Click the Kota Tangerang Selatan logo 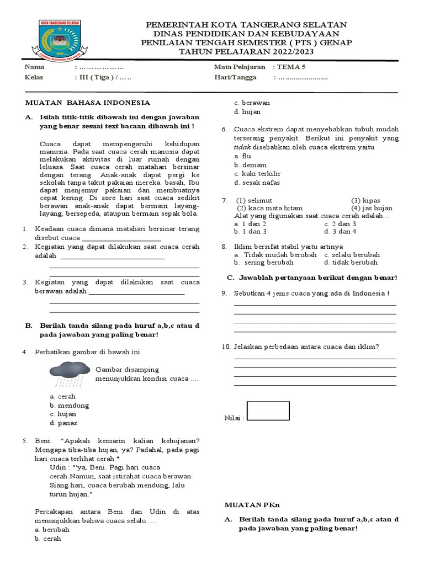pos(59,39)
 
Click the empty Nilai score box pos(268,411)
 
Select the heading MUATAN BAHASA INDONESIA pos(88,103)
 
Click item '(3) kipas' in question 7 pos(365,200)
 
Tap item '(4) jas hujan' pos(372,208)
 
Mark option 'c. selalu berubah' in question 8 pos(352,255)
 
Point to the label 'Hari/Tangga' pos(235,78)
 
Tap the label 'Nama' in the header pos(34,67)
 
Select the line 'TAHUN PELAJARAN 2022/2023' pos(246,52)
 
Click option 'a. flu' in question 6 pos(242,156)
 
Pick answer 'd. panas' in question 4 pos(63,423)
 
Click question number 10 pos(226,347)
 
